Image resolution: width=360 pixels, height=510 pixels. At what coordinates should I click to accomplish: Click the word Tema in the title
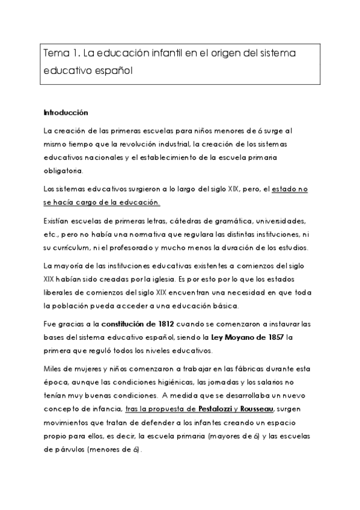coord(55,54)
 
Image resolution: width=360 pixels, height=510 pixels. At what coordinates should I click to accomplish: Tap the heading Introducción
coord(66,112)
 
